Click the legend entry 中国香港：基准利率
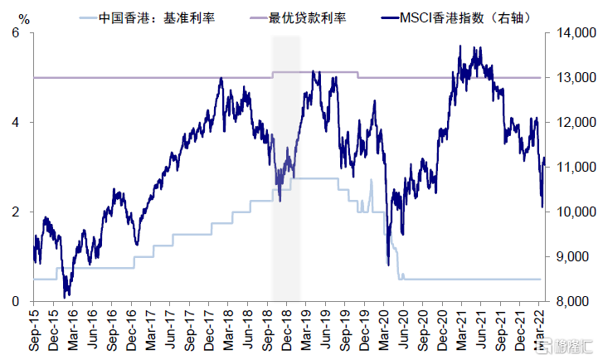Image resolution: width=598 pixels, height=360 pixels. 155,17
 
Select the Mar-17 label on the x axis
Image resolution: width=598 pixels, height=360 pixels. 152,328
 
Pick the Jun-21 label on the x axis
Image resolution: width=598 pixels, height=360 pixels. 482,328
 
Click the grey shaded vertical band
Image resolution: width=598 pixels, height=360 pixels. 286,166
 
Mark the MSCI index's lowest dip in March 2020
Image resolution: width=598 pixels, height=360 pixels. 388,265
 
